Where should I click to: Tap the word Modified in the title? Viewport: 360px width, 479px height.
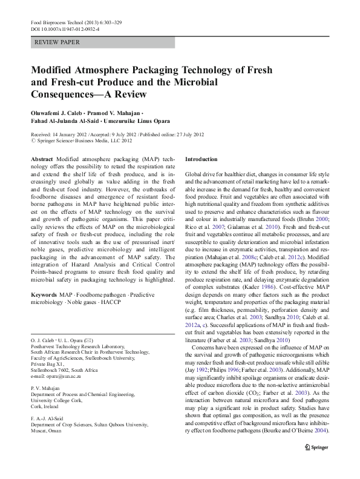click(x=55, y=70)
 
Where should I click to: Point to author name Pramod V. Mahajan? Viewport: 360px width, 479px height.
click(x=117, y=114)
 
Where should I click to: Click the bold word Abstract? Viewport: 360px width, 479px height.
click(x=41, y=159)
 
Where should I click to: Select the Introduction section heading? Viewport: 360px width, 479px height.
click(x=201, y=159)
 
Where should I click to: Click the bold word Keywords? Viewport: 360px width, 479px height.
click(x=44, y=294)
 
